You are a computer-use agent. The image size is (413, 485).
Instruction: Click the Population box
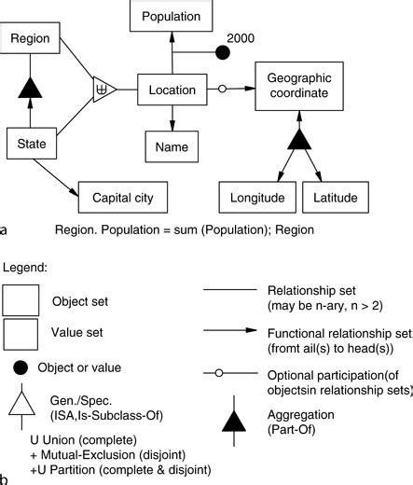point(172,16)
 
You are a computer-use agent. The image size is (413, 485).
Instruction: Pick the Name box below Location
point(172,146)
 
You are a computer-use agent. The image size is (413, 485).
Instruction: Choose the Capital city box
point(123,198)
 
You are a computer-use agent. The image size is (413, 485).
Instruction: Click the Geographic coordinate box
point(297,90)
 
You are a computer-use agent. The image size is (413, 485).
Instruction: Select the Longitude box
point(252,198)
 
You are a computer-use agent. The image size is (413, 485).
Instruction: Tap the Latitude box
point(335,198)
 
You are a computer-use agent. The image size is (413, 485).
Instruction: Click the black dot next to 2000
point(223,52)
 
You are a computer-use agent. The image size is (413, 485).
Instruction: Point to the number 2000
point(241,38)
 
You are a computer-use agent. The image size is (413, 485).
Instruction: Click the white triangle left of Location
point(103,91)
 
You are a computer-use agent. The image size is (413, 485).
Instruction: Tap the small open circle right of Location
point(221,90)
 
